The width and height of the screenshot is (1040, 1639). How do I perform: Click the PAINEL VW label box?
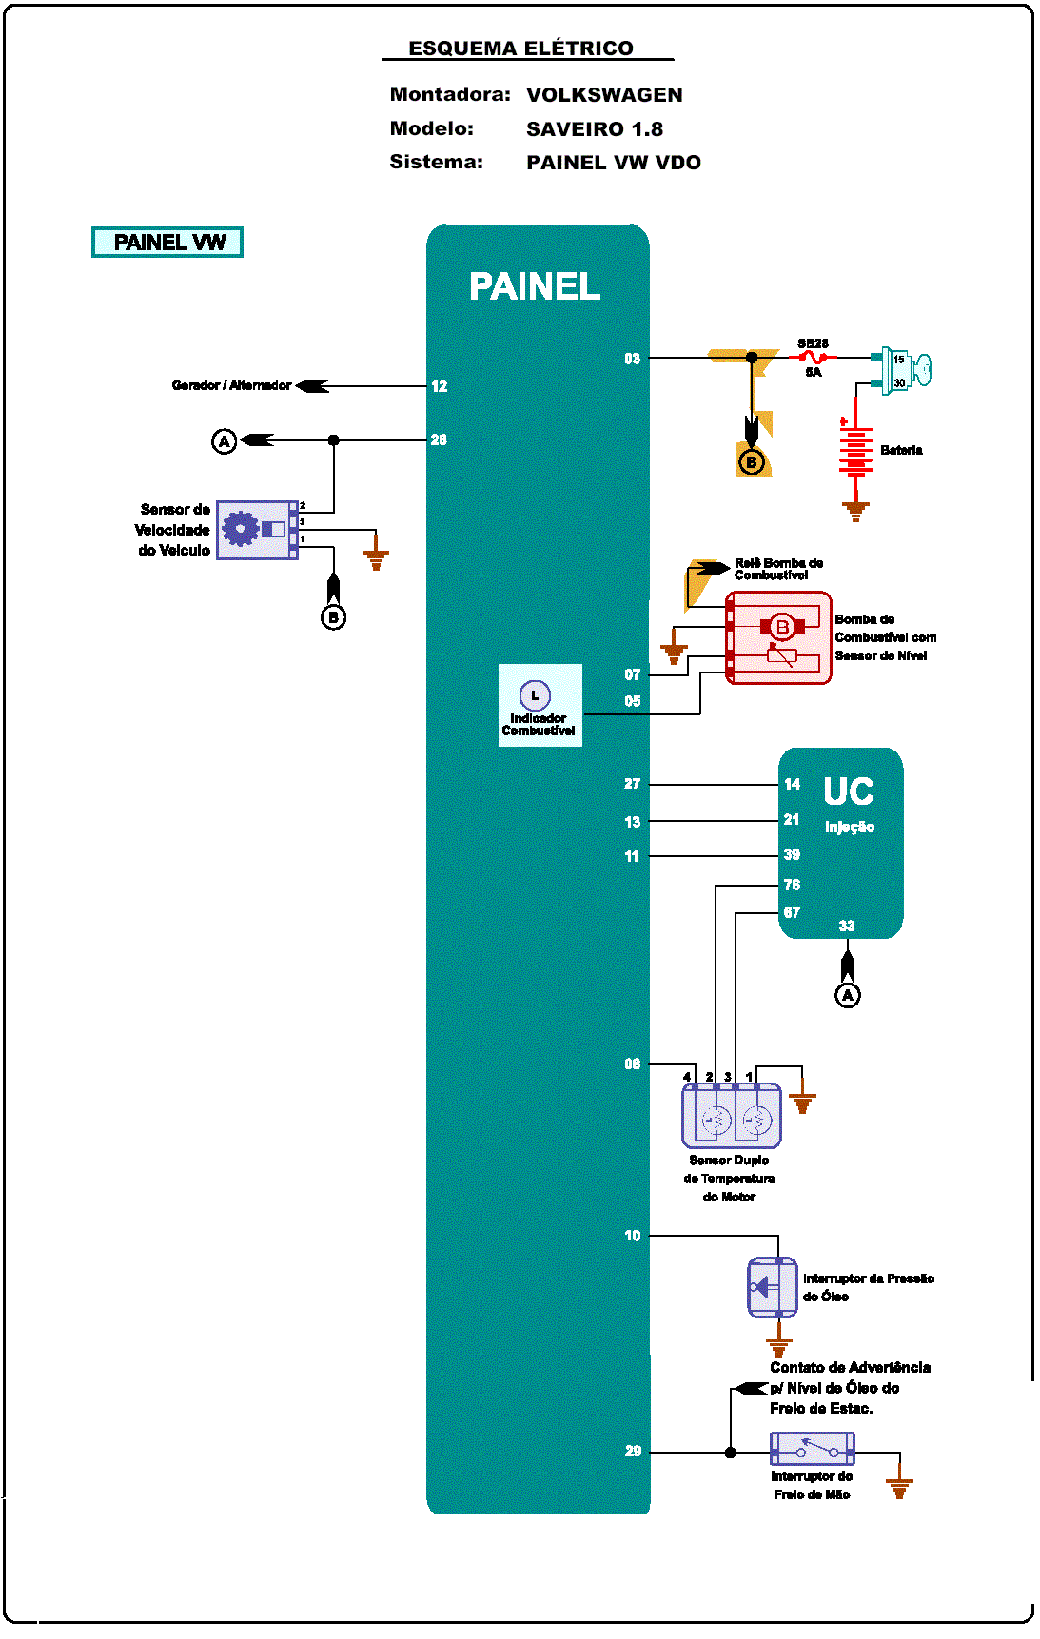click(x=167, y=243)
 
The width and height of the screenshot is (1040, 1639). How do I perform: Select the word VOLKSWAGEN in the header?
click(x=604, y=95)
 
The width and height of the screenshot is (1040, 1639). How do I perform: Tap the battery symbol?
click(x=855, y=451)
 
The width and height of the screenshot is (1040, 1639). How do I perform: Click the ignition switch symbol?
click(x=905, y=370)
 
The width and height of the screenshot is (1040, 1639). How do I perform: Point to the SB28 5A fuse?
click(x=814, y=358)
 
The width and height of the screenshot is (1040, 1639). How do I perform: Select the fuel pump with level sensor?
click(x=778, y=637)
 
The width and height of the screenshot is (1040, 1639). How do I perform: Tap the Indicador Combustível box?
click(x=540, y=705)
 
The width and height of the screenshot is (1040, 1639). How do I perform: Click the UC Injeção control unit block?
click(x=841, y=842)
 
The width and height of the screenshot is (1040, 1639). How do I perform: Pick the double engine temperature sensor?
click(x=731, y=1116)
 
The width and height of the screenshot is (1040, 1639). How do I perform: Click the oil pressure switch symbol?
click(x=773, y=1287)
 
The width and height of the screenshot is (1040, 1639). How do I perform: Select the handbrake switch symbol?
click(x=812, y=1449)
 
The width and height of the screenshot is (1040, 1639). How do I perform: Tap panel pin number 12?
click(x=439, y=386)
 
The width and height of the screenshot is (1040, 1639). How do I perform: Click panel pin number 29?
click(x=633, y=1451)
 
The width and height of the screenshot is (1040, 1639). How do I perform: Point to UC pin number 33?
click(x=847, y=926)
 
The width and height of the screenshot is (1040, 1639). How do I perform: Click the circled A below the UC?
click(x=848, y=995)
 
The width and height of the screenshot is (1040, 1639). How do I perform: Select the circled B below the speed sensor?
click(x=333, y=617)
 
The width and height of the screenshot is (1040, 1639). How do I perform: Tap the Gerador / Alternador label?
click(x=231, y=385)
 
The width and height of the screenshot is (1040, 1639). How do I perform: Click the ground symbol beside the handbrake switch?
click(x=899, y=1486)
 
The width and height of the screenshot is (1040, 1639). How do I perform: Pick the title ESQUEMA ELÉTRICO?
click(x=520, y=49)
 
